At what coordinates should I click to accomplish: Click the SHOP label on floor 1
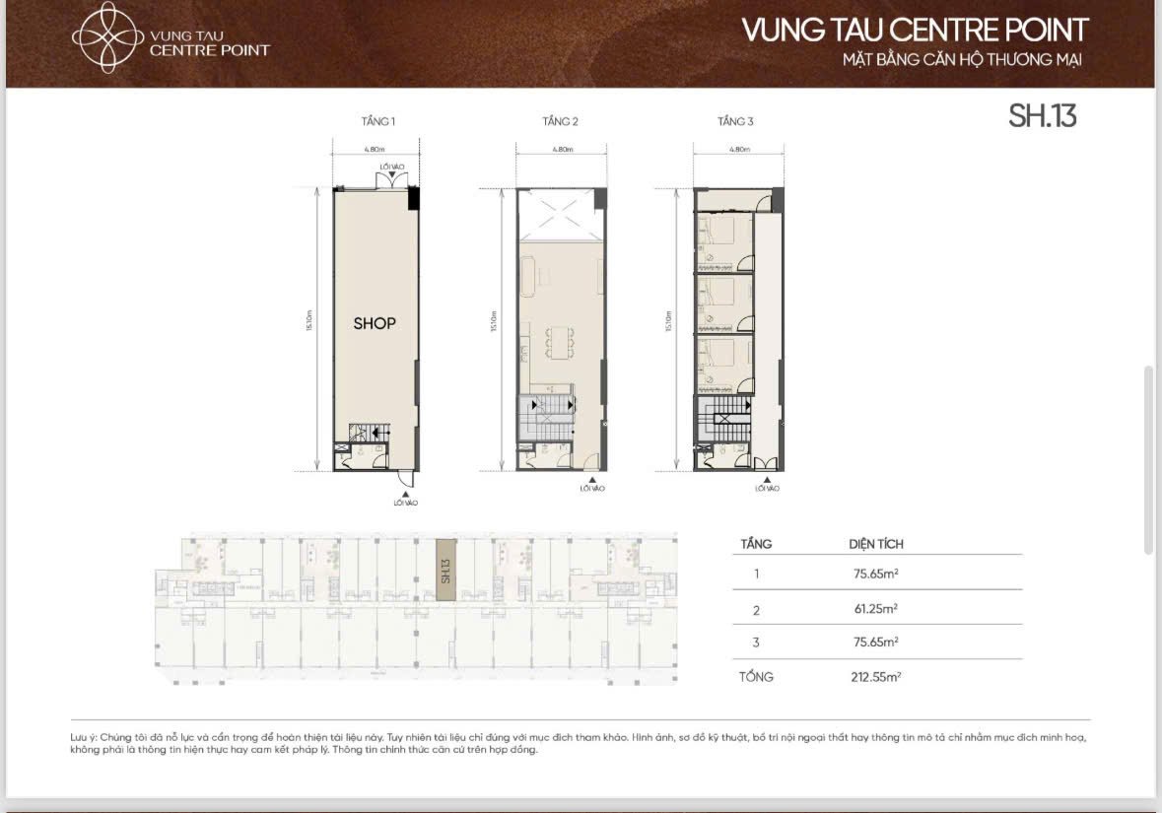click(x=375, y=323)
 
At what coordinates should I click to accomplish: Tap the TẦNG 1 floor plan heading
click(x=378, y=122)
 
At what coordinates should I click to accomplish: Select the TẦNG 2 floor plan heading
click(x=560, y=122)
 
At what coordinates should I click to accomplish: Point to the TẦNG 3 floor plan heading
click(x=735, y=122)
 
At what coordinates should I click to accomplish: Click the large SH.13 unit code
click(x=1042, y=116)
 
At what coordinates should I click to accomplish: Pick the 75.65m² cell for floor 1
click(x=875, y=573)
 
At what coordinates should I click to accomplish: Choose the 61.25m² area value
click(x=875, y=609)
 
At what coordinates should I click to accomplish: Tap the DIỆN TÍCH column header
click(x=876, y=544)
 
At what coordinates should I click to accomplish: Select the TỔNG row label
click(x=757, y=677)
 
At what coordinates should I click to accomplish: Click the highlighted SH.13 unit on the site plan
click(x=445, y=570)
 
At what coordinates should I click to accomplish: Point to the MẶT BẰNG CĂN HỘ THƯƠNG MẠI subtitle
click(x=962, y=60)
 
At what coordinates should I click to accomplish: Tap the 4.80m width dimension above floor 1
click(x=374, y=150)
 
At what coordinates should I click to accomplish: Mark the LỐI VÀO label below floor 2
click(x=591, y=488)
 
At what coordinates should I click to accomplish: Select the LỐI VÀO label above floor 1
click(x=392, y=167)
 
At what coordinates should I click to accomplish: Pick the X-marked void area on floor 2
click(x=560, y=215)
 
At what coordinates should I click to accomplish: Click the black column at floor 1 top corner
click(x=414, y=197)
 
